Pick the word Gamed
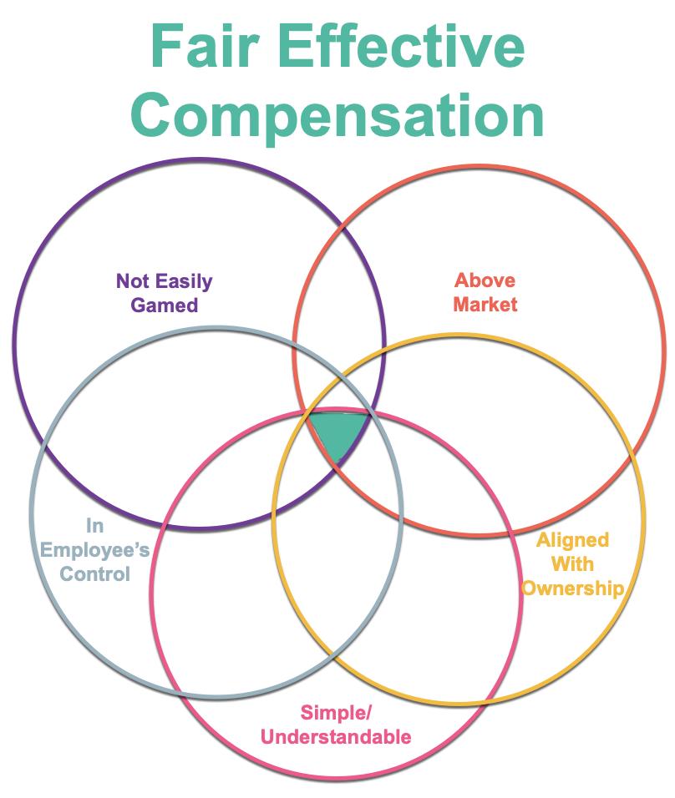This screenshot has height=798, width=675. [x=164, y=305]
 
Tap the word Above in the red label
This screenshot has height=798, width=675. [x=485, y=280]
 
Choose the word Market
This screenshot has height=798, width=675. [x=485, y=304]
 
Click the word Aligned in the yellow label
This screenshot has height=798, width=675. [x=572, y=540]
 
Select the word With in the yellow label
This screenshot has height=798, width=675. [x=572, y=564]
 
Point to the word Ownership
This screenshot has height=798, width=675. [x=572, y=588]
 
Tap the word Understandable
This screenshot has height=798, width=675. [x=336, y=736]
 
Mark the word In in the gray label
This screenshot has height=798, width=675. [x=94, y=525]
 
